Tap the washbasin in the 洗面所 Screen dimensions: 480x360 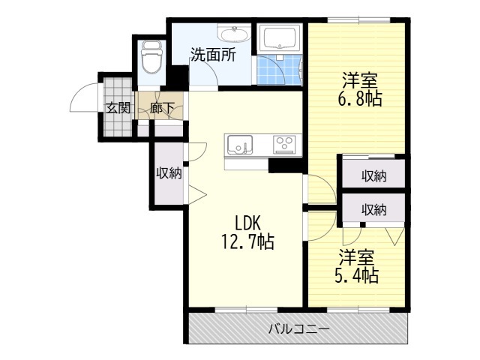(x=234, y=33)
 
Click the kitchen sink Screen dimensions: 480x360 (x=240, y=144)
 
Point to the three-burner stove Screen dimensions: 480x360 (x=285, y=144)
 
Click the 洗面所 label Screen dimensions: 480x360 (x=213, y=55)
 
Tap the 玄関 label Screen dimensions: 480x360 (x=118, y=108)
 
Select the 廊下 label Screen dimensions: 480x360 (x=162, y=108)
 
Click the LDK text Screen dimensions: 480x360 (x=247, y=223)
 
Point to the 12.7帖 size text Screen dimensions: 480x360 (x=247, y=241)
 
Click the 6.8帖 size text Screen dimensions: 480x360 (x=360, y=98)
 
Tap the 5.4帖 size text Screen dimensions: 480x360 (x=357, y=275)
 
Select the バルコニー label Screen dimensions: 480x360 (x=299, y=329)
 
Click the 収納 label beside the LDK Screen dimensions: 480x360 (x=169, y=173)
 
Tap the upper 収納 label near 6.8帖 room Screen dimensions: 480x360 (x=373, y=176)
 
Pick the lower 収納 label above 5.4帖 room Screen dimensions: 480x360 (x=373, y=210)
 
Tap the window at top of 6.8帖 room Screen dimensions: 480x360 (x=359, y=20)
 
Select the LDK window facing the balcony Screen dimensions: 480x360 (x=247, y=310)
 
